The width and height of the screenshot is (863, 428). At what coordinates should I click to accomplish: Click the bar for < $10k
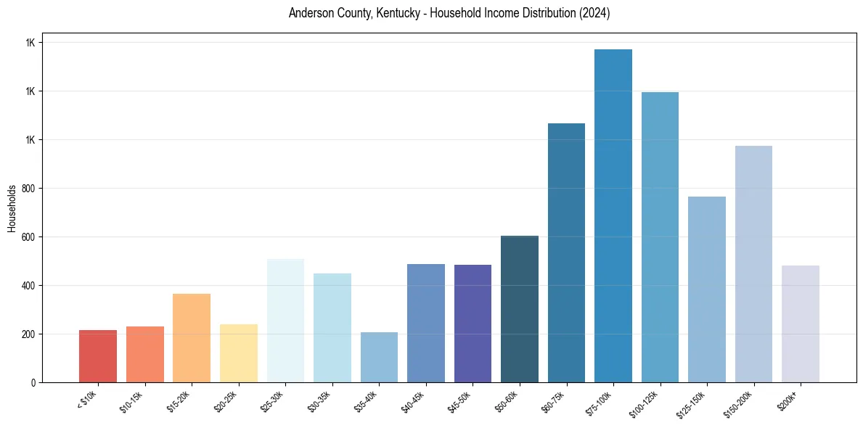click(98, 356)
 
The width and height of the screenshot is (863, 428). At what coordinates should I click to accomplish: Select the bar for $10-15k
click(144, 354)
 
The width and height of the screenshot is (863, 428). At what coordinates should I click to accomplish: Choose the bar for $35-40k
click(379, 357)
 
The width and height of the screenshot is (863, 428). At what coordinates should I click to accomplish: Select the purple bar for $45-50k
click(473, 324)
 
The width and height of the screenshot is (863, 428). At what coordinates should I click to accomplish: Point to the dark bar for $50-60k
click(520, 309)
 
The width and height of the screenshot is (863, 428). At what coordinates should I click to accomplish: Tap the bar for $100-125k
click(660, 237)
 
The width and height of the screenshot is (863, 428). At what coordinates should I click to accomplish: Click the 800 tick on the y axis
click(29, 189)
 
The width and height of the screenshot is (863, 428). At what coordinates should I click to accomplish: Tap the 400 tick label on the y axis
click(29, 286)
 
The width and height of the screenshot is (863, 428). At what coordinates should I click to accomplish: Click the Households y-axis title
click(12, 208)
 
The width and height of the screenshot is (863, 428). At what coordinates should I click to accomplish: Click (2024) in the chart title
click(594, 14)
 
